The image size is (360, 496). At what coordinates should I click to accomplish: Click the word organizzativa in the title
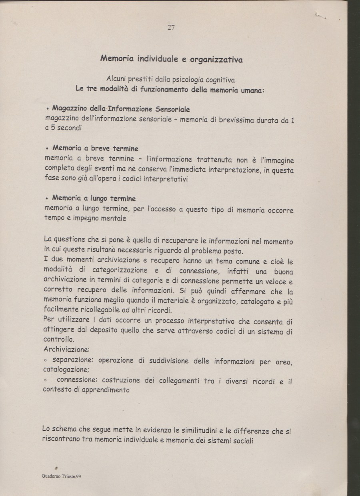coord(216,60)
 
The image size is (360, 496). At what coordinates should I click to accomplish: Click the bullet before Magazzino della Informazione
coord(48,109)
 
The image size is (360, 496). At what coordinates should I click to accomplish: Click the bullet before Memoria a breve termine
coord(48,149)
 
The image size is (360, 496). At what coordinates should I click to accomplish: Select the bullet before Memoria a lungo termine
coord(48,198)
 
